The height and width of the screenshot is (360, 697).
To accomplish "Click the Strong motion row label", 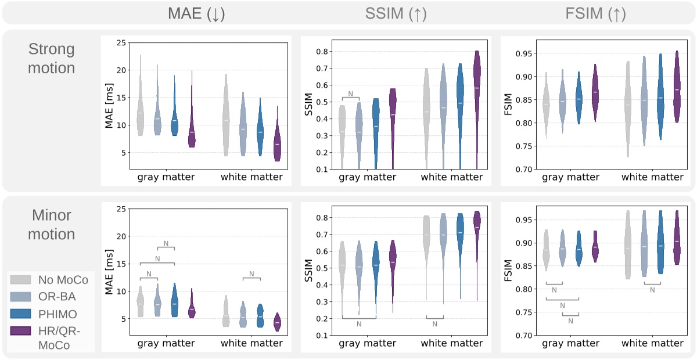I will click(52, 59).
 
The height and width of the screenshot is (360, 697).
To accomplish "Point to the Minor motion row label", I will click(52, 225).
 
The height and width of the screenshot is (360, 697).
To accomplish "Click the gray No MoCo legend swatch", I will click(20, 280).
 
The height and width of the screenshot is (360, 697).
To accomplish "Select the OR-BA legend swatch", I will click(20, 297).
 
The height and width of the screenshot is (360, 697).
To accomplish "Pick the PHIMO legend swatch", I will click(20, 314).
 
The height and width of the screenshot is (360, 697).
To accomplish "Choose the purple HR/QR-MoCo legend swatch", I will click(20, 330).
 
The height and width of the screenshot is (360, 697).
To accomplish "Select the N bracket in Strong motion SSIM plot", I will click(351, 96).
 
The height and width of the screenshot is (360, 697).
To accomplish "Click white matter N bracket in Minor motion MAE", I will click(252, 277).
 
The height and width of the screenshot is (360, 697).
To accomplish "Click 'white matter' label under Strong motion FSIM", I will click(652, 177).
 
